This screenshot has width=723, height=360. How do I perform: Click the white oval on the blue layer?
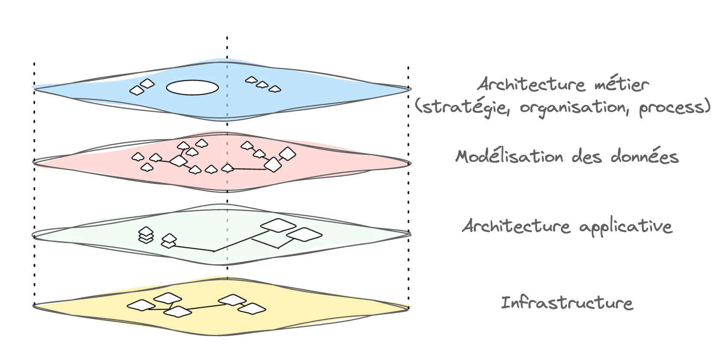point(192,87)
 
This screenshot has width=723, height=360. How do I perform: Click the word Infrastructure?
point(567,303)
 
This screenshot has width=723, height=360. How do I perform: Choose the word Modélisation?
point(510,156)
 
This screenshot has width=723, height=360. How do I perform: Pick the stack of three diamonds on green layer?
point(146,235)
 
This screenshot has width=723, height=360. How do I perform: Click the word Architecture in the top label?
point(531,84)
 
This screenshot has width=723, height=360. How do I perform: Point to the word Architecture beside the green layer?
point(516,226)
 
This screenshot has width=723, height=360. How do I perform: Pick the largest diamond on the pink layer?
point(273,164)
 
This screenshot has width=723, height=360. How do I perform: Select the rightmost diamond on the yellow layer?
point(252,309)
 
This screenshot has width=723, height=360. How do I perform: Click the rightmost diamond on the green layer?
point(304,234)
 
